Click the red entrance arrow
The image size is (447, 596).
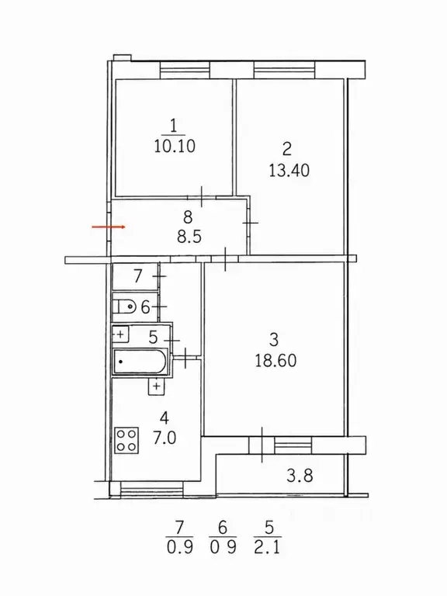tap(109, 227)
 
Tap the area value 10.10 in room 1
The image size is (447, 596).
tap(175, 146)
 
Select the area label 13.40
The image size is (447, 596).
tap(289, 170)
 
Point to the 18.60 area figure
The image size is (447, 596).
tap(275, 360)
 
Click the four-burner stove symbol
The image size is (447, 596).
tap(126, 440)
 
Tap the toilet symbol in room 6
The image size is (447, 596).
tap(125, 306)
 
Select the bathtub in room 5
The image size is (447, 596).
tap(140, 362)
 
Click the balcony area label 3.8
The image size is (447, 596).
tap(300, 476)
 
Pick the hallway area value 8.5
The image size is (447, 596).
tap(189, 237)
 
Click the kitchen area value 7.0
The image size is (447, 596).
tap(165, 438)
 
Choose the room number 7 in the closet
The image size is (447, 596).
tap(137, 276)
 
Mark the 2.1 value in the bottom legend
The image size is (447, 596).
tap(268, 548)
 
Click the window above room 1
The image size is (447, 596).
tap(185, 71)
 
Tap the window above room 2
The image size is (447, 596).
tap(284, 71)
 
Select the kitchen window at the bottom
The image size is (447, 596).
tap(151, 489)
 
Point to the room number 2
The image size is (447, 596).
tap(287, 149)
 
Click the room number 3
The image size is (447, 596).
tap(274, 339)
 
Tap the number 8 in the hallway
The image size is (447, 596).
tap(188, 217)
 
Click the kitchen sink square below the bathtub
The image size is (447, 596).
tap(156, 386)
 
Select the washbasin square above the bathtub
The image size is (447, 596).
tap(121, 334)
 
